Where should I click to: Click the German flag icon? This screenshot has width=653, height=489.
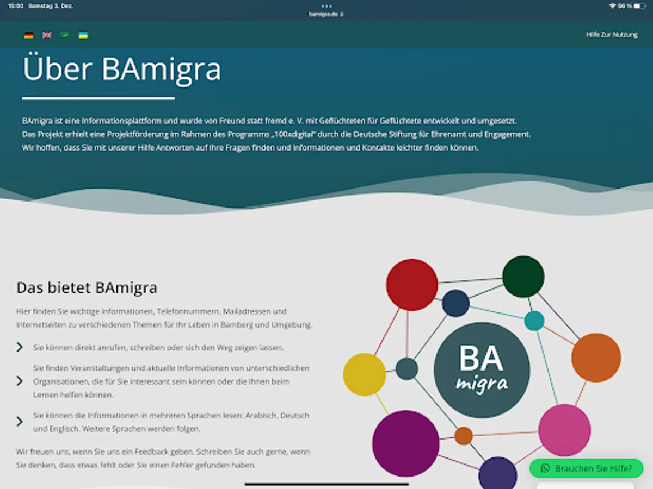coord(29,35)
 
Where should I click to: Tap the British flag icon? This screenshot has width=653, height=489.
coord(47,35)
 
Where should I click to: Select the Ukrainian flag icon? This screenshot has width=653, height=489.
coord(83,35)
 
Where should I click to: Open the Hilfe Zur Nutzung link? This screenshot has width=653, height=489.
coord(612,35)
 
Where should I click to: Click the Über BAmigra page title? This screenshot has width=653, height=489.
coord(122,69)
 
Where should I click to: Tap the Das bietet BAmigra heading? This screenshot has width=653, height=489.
coord(87,288)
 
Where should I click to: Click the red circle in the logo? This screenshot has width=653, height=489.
coord(412,285)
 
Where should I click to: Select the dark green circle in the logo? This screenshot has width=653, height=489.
coord(523,277)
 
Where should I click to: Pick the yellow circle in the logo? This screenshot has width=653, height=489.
coord(365,374)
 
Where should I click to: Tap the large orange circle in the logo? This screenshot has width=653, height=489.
coord(596,358)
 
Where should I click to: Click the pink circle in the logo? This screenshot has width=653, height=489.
coord(564,430)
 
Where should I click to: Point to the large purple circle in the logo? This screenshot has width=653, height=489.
coord(406,443)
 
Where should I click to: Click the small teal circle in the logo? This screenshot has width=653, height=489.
coord(534,321)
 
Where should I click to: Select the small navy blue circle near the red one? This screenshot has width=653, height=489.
coord(456,303)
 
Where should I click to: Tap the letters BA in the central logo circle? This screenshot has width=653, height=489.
coord(481,359)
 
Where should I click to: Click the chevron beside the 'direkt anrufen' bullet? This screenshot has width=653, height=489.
coord(20,347)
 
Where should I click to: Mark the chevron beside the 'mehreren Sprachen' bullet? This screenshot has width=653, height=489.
coord(20,421)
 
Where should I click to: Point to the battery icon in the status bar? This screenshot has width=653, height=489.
coord(639,6)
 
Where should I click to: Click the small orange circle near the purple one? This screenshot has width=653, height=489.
coord(464,436)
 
